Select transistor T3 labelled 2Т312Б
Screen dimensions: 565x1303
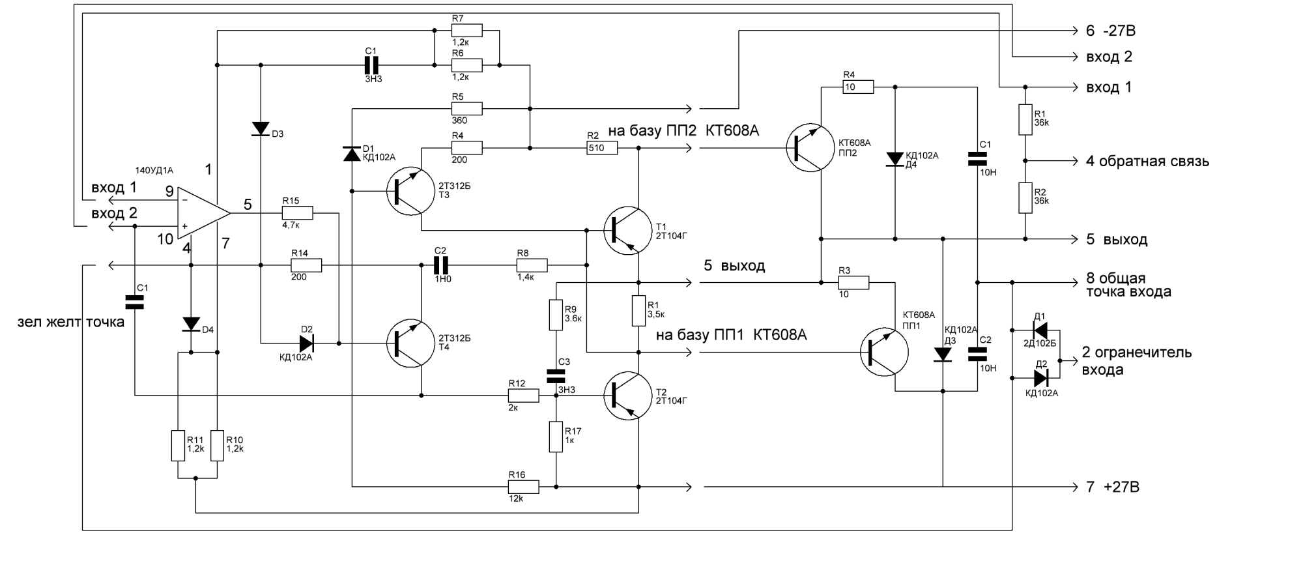click(x=410, y=191)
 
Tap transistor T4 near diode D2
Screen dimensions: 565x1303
click(x=410, y=343)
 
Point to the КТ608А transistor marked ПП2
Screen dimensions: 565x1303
click(x=810, y=148)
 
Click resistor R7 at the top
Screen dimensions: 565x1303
click(x=466, y=30)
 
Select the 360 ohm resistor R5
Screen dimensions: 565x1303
click(x=466, y=109)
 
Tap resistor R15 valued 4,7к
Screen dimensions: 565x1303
click(x=297, y=213)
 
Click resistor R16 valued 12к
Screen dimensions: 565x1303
click(x=523, y=487)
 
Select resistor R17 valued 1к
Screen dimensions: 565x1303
click(x=556, y=437)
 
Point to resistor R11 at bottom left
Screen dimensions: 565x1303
click(x=178, y=445)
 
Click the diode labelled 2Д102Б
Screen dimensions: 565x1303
click(x=1040, y=330)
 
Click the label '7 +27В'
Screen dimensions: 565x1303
click(x=1113, y=487)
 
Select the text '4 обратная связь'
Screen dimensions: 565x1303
click(x=1147, y=162)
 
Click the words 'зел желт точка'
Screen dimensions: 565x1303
click(x=70, y=322)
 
